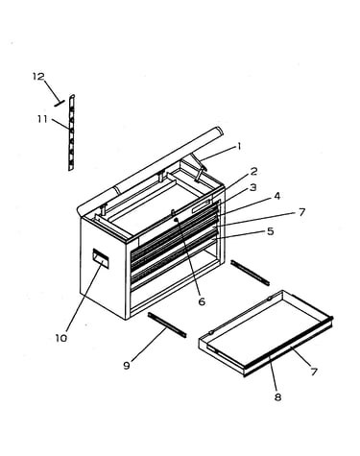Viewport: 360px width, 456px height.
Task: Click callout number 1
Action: pos(238,147)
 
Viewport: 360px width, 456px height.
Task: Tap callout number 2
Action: pos(253,172)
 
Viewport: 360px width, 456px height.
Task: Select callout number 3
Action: pos(252,187)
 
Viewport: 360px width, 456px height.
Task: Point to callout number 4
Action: pos(276,196)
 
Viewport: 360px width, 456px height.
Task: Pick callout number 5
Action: pos(271,231)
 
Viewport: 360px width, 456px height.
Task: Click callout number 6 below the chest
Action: pos(202,301)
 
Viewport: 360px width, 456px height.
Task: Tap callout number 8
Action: pos(277,397)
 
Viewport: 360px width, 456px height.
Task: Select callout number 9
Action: pos(127,365)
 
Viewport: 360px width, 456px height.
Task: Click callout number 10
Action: pos(61,338)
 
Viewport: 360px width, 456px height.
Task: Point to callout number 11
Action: pos(42,119)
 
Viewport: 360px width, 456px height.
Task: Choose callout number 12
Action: pos(38,77)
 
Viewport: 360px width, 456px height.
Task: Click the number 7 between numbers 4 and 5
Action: pos(301,212)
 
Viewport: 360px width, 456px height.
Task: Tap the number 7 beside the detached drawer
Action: pos(314,372)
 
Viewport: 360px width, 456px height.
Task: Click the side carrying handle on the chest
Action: pos(101,258)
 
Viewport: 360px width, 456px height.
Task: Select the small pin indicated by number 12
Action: pos(60,103)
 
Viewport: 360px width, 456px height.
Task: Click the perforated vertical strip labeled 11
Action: pos(72,132)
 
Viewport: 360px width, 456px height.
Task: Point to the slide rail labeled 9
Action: pos(167,324)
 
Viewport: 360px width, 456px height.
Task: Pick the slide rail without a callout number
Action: pos(250,273)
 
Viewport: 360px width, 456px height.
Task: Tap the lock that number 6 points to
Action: pos(176,220)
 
